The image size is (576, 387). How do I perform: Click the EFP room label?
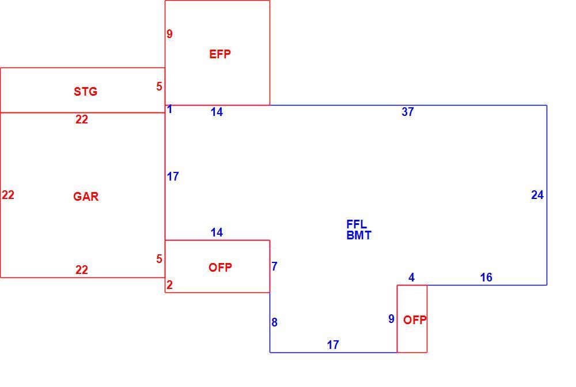click(220, 54)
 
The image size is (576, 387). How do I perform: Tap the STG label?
click(86, 91)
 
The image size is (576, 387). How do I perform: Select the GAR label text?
click(86, 197)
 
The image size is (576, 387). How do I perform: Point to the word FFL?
click(357, 224)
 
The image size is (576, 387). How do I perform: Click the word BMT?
click(359, 235)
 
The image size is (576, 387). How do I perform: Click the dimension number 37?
click(408, 111)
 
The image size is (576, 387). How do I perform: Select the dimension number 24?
click(537, 195)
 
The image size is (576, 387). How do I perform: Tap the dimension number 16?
click(486, 277)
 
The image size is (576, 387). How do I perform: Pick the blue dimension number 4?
click(412, 277)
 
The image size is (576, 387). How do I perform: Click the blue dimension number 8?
click(274, 322)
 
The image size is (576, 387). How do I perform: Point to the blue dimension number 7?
click(274, 266)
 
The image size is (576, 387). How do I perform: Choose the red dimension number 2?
click(169, 285)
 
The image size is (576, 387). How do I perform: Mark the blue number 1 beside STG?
click(170, 109)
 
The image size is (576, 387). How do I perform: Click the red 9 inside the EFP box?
click(169, 34)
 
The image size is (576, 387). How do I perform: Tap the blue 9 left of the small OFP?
click(392, 319)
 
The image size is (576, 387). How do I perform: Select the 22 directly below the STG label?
click(82, 119)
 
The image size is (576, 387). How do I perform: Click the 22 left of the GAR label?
click(8, 195)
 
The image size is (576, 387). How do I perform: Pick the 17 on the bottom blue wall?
click(333, 345)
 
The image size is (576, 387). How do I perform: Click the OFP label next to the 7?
click(221, 268)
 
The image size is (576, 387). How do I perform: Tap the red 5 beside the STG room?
click(159, 87)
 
